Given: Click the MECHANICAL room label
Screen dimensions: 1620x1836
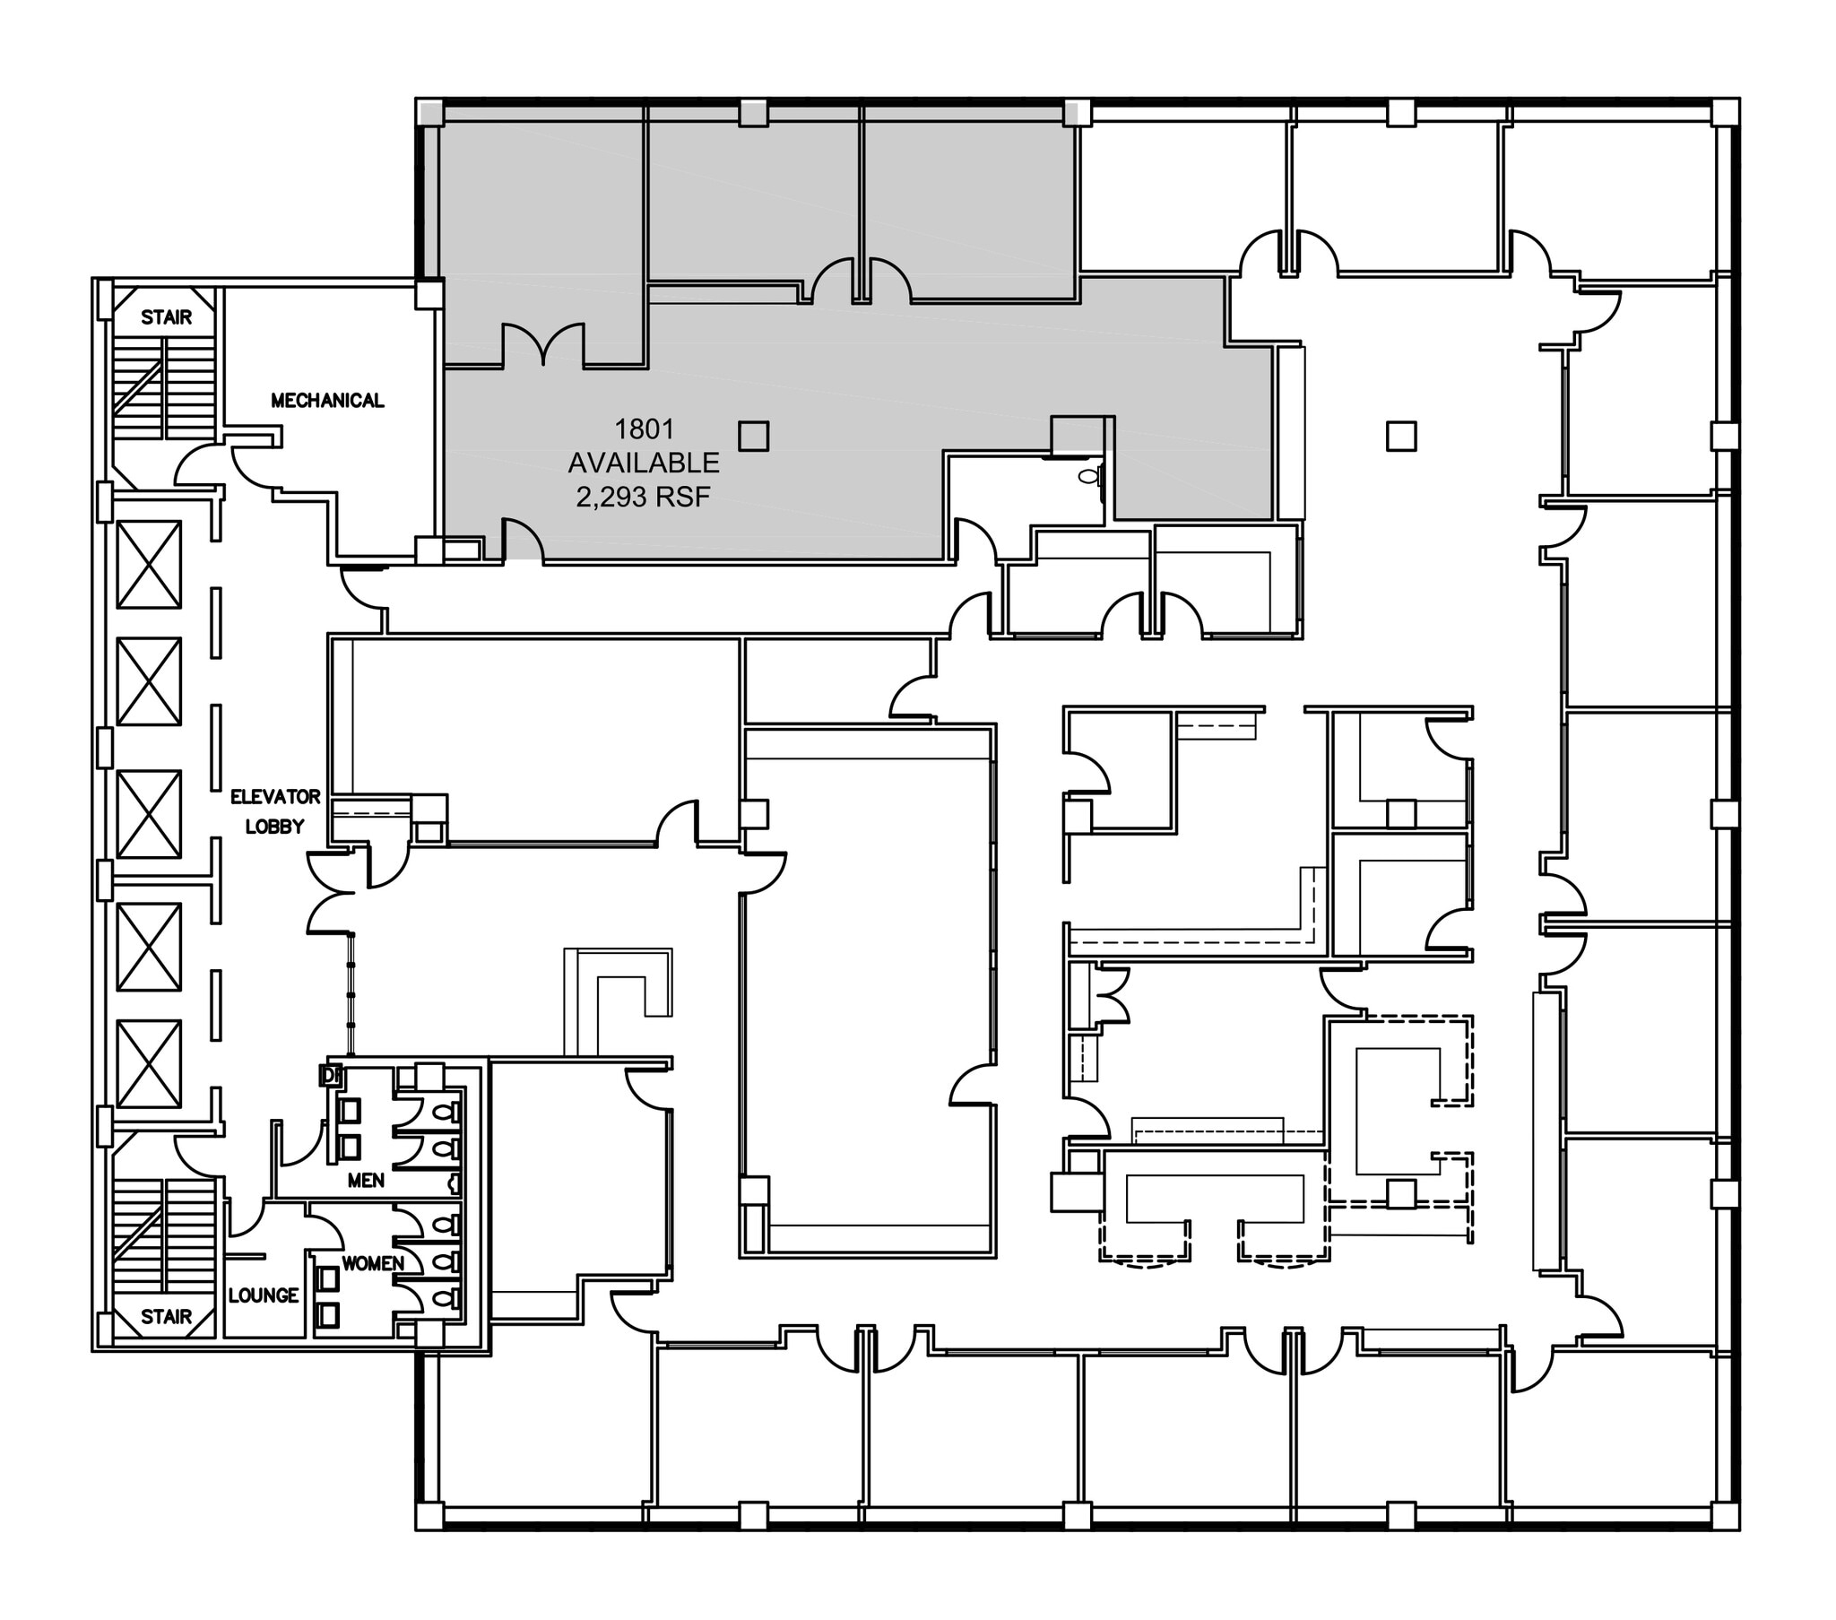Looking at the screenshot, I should pyautogui.click(x=327, y=401).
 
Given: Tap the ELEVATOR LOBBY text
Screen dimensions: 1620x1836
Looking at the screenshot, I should pyautogui.click(x=275, y=811).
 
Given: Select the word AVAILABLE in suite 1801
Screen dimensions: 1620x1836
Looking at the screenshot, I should pyautogui.click(x=643, y=463).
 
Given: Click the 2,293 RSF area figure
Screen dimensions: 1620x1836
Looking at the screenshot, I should pyautogui.click(x=643, y=496).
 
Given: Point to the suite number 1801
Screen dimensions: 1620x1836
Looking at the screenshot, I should pyautogui.click(x=643, y=429).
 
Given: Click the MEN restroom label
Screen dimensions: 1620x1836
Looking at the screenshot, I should pyautogui.click(x=366, y=1181).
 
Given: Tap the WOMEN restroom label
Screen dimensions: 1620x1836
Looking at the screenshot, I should pyautogui.click(x=373, y=1263).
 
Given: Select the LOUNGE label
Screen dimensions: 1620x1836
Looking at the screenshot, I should pyautogui.click(x=264, y=1295).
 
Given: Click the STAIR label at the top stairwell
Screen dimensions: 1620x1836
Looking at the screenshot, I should pyautogui.click(x=166, y=317).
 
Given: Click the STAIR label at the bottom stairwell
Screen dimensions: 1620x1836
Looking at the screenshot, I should pyautogui.click(x=166, y=1317).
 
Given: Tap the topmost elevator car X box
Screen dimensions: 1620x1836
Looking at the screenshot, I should pyautogui.click(x=149, y=565).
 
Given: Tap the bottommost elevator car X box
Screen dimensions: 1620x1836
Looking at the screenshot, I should pyautogui.click(x=149, y=1063).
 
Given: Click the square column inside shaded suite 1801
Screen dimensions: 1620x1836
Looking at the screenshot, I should pyautogui.click(x=753, y=437).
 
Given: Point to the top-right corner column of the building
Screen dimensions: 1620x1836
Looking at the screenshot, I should pyautogui.click(x=1725, y=112).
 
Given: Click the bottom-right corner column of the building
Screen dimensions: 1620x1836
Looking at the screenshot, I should pyautogui.click(x=1725, y=1516).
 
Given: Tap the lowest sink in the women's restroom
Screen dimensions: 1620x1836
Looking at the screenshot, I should pyautogui.click(x=330, y=1315).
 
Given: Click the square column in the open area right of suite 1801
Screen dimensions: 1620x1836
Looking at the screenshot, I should pyautogui.click(x=1401, y=437).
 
